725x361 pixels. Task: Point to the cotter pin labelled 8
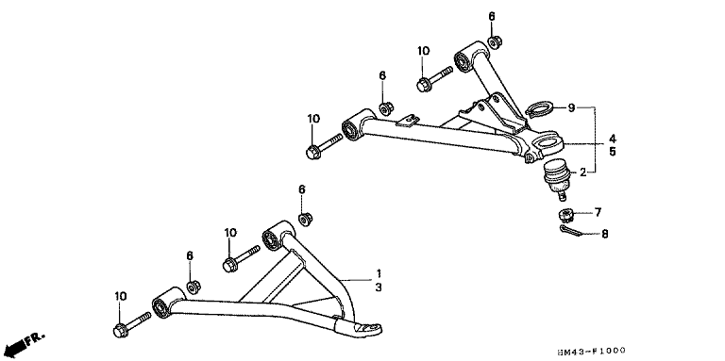[572, 231]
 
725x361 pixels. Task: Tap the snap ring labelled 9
[539, 110]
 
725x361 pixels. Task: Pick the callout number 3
[379, 287]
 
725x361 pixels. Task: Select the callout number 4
[612, 138]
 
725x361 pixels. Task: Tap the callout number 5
[612, 152]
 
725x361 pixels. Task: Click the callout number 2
[583, 172]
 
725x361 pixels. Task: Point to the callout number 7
[598, 212]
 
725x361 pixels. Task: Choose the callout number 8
[605, 234]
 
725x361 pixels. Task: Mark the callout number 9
[571, 108]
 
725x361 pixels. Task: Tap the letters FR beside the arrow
[35, 338]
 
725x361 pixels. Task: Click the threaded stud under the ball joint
[562, 196]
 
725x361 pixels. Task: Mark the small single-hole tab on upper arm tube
[408, 121]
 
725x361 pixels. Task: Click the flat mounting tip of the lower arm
[365, 330]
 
